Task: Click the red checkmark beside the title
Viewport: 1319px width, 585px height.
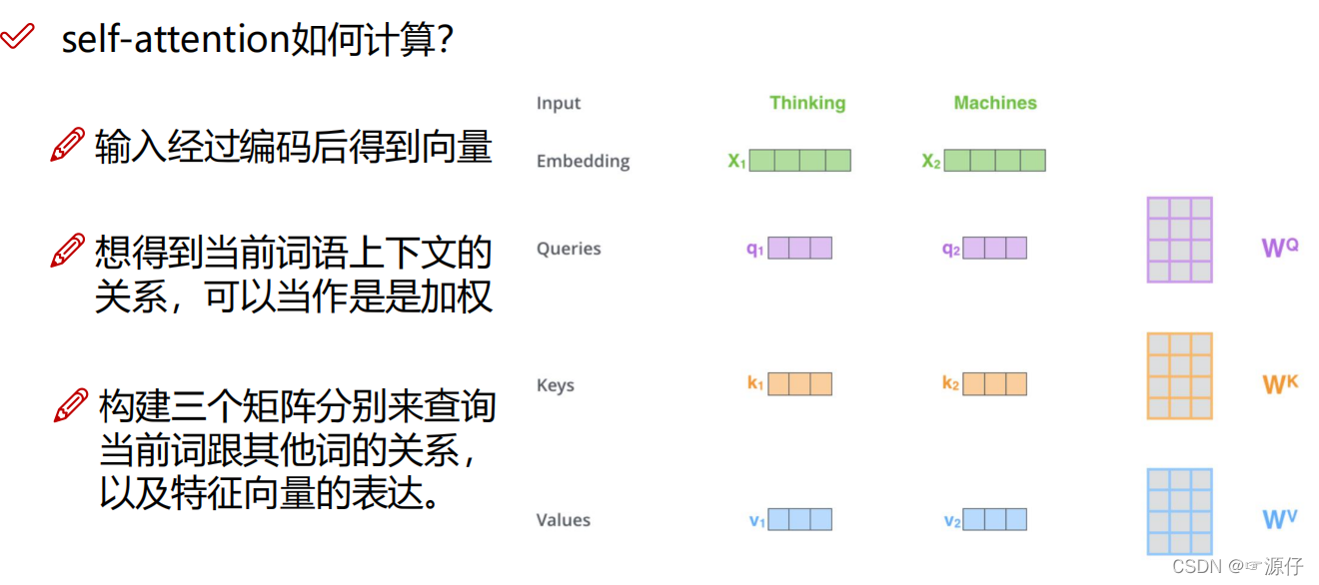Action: (x=18, y=36)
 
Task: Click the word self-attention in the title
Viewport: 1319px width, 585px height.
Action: (x=176, y=39)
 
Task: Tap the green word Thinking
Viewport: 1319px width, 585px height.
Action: (x=807, y=103)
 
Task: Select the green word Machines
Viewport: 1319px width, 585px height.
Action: (x=995, y=103)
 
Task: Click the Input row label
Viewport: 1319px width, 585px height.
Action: (x=559, y=104)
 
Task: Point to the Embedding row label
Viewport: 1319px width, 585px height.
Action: (x=583, y=161)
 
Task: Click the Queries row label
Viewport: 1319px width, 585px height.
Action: (x=569, y=249)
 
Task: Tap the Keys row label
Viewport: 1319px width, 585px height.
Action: (x=556, y=385)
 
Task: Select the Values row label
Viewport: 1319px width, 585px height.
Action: (x=563, y=520)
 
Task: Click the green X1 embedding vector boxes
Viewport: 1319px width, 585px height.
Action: (x=800, y=160)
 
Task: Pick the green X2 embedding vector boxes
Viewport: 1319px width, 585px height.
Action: (x=995, y=160)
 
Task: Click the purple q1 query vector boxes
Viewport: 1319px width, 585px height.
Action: (x=800, y=248)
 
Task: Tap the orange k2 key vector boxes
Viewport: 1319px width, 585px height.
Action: (x=995, y=383)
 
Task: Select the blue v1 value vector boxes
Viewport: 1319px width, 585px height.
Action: (x=800, y=519)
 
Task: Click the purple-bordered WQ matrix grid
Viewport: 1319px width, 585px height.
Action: (x=1179, y=241)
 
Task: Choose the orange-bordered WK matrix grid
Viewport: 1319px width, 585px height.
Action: (x=1179, y=376)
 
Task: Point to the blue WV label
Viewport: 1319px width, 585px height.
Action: (x=1280, y=518)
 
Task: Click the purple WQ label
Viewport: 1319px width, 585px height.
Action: (x=1280, y=248)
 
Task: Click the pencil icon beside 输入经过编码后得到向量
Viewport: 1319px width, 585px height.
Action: (x=68, y=144)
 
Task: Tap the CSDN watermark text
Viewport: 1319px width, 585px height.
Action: (x=1238, y=566)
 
